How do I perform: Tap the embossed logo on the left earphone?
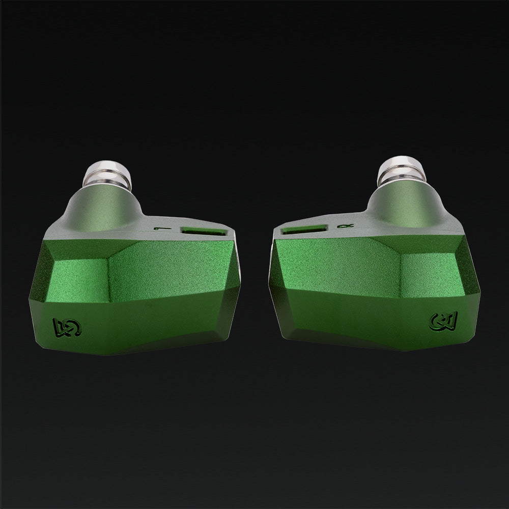63,327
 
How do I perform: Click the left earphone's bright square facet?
76,277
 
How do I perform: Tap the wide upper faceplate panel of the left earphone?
168,270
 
